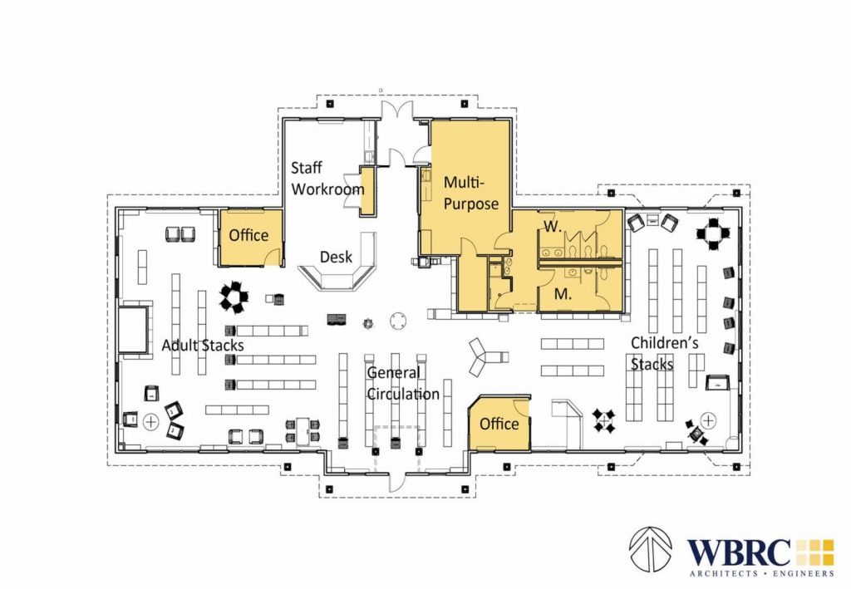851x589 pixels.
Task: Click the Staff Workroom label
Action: tap(327, 178)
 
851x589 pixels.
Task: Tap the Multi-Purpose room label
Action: tap(470, 192)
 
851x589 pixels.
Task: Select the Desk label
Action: tap(339, 257)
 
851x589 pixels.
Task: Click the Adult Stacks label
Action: tap(202, 344)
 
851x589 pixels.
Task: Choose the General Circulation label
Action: tap(403, 383)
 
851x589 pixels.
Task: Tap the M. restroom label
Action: tap(561, 293)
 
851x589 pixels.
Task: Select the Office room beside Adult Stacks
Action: tap(249, 235)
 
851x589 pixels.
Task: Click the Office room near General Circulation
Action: tap(499, 424)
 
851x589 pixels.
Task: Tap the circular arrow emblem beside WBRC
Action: tap(651, 550)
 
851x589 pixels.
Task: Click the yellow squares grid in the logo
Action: tap(814, 552)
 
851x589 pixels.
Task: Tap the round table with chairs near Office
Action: tap(236, 296)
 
